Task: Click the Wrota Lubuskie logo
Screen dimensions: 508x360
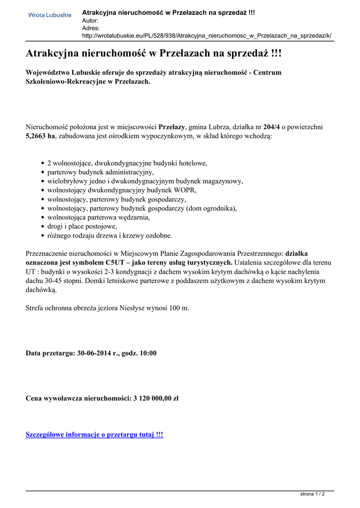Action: (50, 15)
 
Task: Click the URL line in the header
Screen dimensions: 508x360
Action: (207, 36)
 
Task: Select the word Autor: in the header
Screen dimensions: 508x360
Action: (90, 20)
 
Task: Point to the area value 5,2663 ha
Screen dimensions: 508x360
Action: (40, 136)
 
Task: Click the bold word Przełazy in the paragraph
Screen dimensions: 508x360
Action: (172, 127)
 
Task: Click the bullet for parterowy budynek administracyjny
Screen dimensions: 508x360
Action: (43, 172)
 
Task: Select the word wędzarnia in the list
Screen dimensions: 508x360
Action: (133, 217)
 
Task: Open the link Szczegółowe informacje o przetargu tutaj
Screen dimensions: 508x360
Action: (94, 435)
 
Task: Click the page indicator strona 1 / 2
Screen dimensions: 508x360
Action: (313, 494)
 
